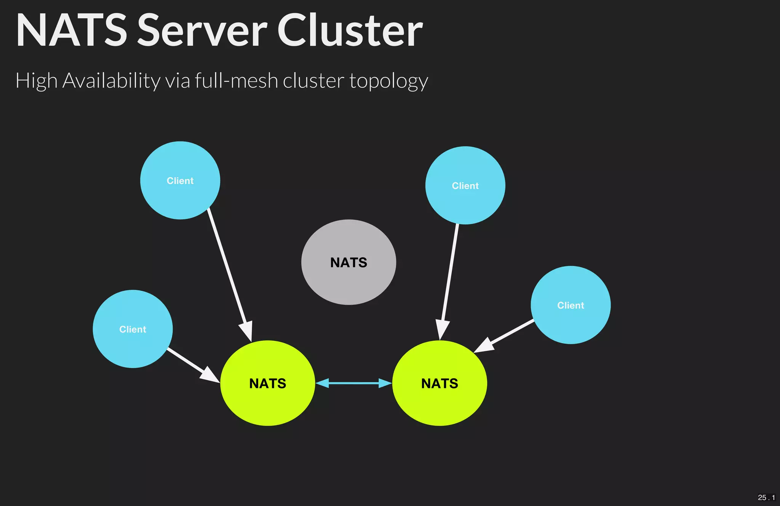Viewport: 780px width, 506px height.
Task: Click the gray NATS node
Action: [348, 262]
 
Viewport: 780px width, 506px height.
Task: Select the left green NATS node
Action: [267, 383]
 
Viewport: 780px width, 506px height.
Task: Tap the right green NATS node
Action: [440, 383]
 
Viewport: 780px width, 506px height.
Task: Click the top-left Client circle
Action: [180, 180]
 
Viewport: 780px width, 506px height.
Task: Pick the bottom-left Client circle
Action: [133, 329]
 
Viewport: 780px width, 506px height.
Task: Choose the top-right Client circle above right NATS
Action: [465, 185]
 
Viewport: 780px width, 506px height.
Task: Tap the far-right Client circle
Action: [571, 305]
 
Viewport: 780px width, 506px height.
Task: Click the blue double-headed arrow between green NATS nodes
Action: [353, 383]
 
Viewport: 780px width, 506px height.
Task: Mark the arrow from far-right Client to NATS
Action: [507, 335]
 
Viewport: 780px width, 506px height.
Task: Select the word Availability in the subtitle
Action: [111, 81]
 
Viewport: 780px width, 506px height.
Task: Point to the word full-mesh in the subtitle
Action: [236, 81]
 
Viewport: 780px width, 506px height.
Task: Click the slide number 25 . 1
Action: [766, 497]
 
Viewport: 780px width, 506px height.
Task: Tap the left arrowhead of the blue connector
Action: [322, 383]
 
